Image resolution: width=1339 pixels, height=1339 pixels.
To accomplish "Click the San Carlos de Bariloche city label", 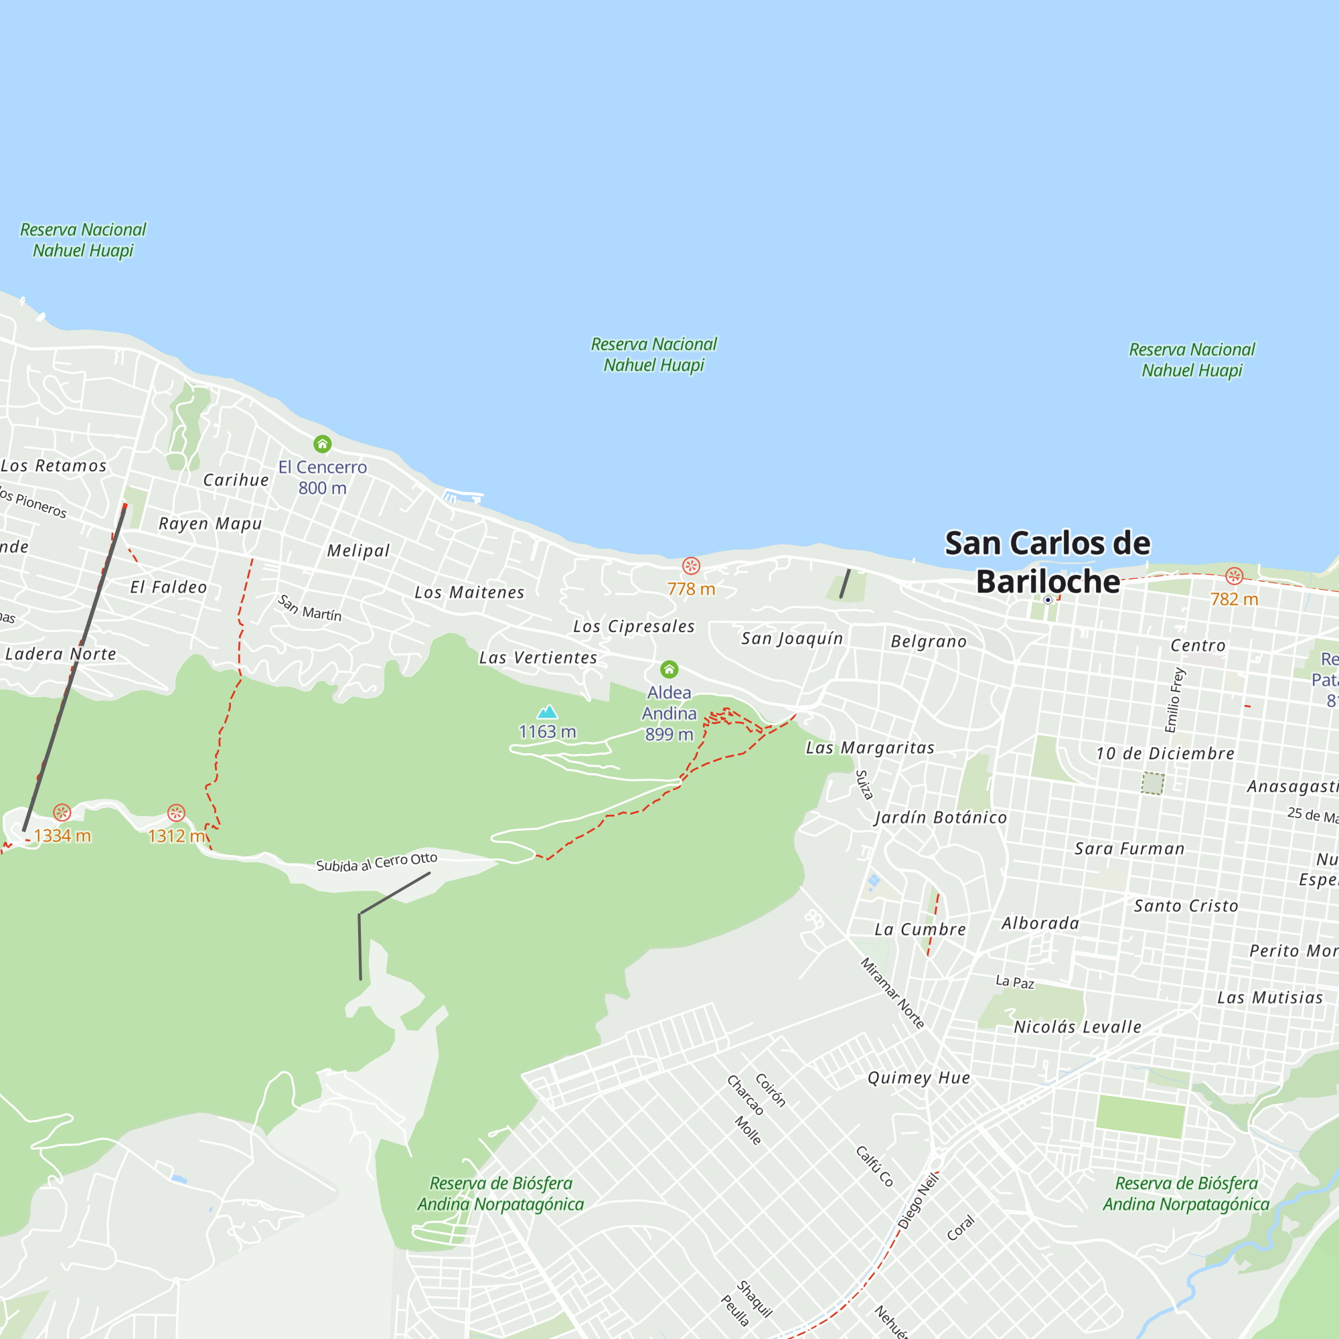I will coord(1047,562).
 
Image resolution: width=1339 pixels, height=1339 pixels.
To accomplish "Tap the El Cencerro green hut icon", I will coord(322,444).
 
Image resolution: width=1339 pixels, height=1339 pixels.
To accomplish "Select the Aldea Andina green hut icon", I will coord(669,669).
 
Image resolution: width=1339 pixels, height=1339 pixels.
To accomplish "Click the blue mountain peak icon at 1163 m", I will coord(548,712).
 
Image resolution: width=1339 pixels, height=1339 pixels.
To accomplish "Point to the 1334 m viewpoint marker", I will coord(62,812).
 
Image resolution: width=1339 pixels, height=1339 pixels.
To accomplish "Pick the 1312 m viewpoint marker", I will coord(176,812).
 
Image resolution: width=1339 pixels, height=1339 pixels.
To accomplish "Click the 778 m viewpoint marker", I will coord(691,566).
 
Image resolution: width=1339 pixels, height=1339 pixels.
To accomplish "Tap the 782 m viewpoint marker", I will coord(1234,575).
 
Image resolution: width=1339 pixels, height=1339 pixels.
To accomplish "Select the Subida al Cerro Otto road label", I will coord(376,862).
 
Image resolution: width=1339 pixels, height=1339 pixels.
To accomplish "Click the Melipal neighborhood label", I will coord(358,550).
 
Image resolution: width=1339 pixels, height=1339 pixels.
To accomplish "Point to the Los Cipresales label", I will coord(633,626).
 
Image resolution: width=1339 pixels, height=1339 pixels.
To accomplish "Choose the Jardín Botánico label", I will coord(941,817).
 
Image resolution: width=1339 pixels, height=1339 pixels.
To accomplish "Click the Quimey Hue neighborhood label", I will coord(919,1077).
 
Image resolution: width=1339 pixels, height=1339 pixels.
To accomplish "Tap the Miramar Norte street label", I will coord(892,992).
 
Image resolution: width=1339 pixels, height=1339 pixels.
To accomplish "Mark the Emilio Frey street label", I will coord(1175,700).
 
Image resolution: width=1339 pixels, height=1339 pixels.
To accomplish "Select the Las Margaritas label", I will coord(870,747).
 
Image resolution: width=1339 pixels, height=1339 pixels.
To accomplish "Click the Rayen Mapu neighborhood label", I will coord(210,524).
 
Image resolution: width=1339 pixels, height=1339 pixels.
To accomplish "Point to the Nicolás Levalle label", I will coord(1077,1026).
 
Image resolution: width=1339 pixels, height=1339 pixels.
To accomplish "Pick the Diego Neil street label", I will coord(919,1201).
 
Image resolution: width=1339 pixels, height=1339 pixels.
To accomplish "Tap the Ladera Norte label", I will coord(61,653).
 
